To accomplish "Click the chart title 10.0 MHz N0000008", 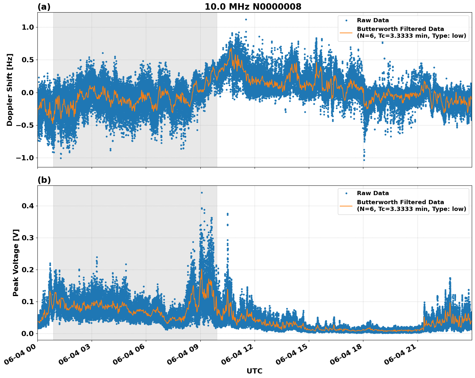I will coord(253,7).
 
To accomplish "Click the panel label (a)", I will coord(44,7).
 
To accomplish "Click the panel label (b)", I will coord(44,180).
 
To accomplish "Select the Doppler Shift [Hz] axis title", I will coord(10,90).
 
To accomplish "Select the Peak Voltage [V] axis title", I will coord(16,263).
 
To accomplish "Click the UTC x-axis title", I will coord(254,371).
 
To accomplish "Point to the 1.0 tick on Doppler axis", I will coord(27,27).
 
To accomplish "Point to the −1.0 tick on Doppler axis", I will coord(25,158).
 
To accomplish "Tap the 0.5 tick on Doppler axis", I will coord(27,60).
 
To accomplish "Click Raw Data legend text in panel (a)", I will coord(373,21).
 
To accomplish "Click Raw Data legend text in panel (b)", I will coord(373,194).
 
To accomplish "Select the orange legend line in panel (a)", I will coord(346,33).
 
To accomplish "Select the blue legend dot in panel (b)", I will coord(346,194).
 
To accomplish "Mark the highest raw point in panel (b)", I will coord(202,193).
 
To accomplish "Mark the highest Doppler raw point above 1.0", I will coord(246,19).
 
